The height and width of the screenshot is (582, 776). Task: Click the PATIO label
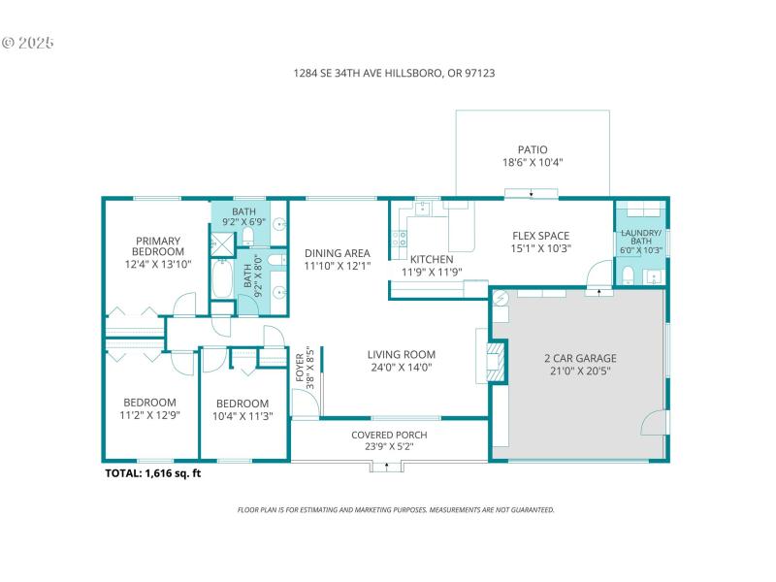click(532, 149)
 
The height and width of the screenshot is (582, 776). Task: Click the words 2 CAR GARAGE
click(580, 358)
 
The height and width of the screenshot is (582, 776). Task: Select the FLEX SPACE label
click(541, 236)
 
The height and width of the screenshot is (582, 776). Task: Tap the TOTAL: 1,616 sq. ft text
click(152, 473)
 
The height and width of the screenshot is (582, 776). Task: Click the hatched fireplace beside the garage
click(496, 360)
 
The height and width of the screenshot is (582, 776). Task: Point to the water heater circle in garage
click(501, 299)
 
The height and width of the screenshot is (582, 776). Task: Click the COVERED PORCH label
click(389, 435)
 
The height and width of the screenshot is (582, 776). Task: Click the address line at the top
click(388, 73)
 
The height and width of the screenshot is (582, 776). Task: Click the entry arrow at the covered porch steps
click(387, 467)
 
